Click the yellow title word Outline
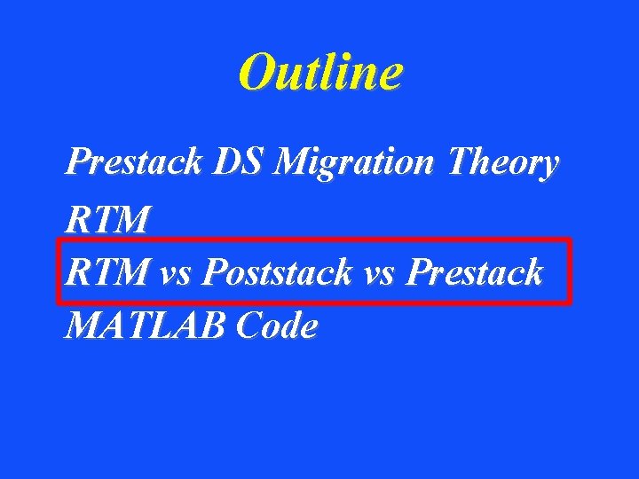click(319, 73)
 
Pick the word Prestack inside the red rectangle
click(474, 272)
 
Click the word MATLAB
click(144, 327)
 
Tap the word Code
click(277, 327)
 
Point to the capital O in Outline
click(259, 73)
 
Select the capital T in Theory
click(461, 162)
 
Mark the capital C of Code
click(249, 327)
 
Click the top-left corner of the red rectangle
click(59, 239)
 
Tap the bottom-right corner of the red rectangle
click(570, 302)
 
